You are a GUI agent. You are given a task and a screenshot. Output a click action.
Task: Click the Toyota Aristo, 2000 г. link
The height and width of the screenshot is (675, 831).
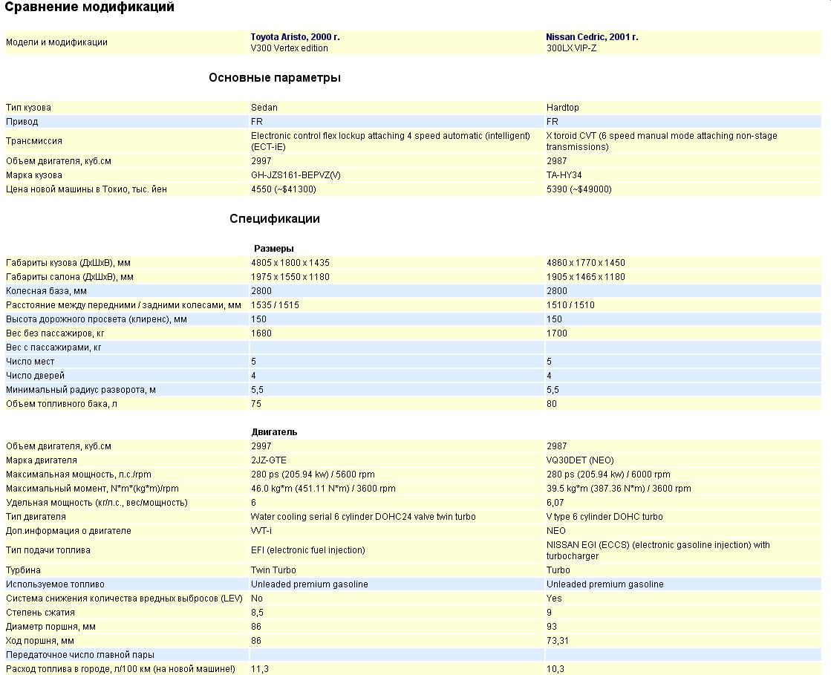tap(295, 36)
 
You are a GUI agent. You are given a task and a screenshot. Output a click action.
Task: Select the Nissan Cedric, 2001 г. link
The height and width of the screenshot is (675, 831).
tap(592, 36)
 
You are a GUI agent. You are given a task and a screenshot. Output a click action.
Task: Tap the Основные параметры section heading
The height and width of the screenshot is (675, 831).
tap(274, 78)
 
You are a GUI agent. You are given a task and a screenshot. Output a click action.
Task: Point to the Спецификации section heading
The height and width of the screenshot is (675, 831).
tap(274, 219)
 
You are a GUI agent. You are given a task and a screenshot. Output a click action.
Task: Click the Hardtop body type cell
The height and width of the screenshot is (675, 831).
tap(562, 108)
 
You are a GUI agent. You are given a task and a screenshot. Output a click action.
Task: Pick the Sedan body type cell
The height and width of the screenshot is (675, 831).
tap(264, 108)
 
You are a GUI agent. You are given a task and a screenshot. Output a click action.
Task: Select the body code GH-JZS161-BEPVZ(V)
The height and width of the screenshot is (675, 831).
tap(296, 175)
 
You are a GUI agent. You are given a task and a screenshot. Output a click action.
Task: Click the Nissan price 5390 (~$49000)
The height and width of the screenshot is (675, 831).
tap(579, 189)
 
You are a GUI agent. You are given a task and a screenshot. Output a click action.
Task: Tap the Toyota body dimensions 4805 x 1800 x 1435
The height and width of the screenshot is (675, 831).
tap(290, 263)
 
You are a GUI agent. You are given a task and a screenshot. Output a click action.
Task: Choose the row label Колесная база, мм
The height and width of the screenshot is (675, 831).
tap(46, 291)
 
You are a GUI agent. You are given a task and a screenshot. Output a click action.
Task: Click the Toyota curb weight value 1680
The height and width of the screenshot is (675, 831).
tap(261, 333)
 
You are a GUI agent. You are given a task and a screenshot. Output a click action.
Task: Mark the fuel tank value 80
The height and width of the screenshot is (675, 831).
tap(552, 404)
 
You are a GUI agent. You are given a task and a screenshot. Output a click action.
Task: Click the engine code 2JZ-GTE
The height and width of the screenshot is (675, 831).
tap(268, 460)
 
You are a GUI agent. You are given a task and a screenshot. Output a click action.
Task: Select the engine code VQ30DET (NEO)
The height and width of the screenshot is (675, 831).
tap(580, 460)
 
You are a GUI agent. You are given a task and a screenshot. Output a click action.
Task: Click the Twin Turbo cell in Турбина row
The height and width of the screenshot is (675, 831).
tap(273, 570)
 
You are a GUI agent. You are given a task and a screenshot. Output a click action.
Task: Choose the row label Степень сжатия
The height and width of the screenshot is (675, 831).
tap(40, 613)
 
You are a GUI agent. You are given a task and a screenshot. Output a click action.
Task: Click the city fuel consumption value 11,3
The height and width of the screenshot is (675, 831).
tap(259, 669)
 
